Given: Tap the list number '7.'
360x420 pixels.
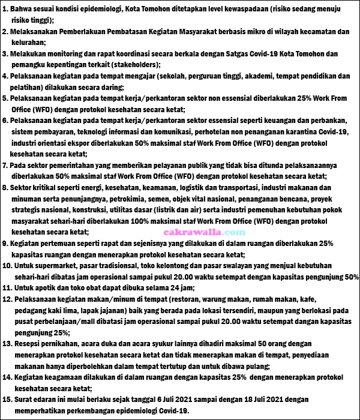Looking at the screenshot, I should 5,164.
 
